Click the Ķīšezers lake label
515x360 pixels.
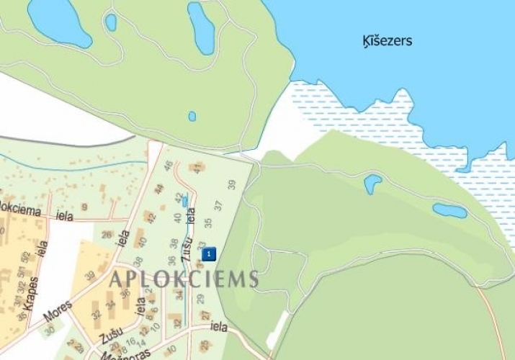click(x=388, y=41)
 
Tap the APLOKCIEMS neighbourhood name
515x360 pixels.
click(x=183, y=279)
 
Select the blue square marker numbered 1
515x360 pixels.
click(x=209, y=253)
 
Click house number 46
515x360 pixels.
click(x=169, y=167)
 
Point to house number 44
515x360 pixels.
click(x=160, y=189)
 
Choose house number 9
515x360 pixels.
click(x=84, y=207)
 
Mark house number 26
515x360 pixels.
click(x=107, y=235)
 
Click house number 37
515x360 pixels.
click(x=219, y=206)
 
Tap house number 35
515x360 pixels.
click(x=207, y=222)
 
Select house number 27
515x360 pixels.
click(x=205, y=315)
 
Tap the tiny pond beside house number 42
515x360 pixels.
click(x=185, y=202)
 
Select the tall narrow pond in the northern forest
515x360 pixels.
click(x=201, y=27)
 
